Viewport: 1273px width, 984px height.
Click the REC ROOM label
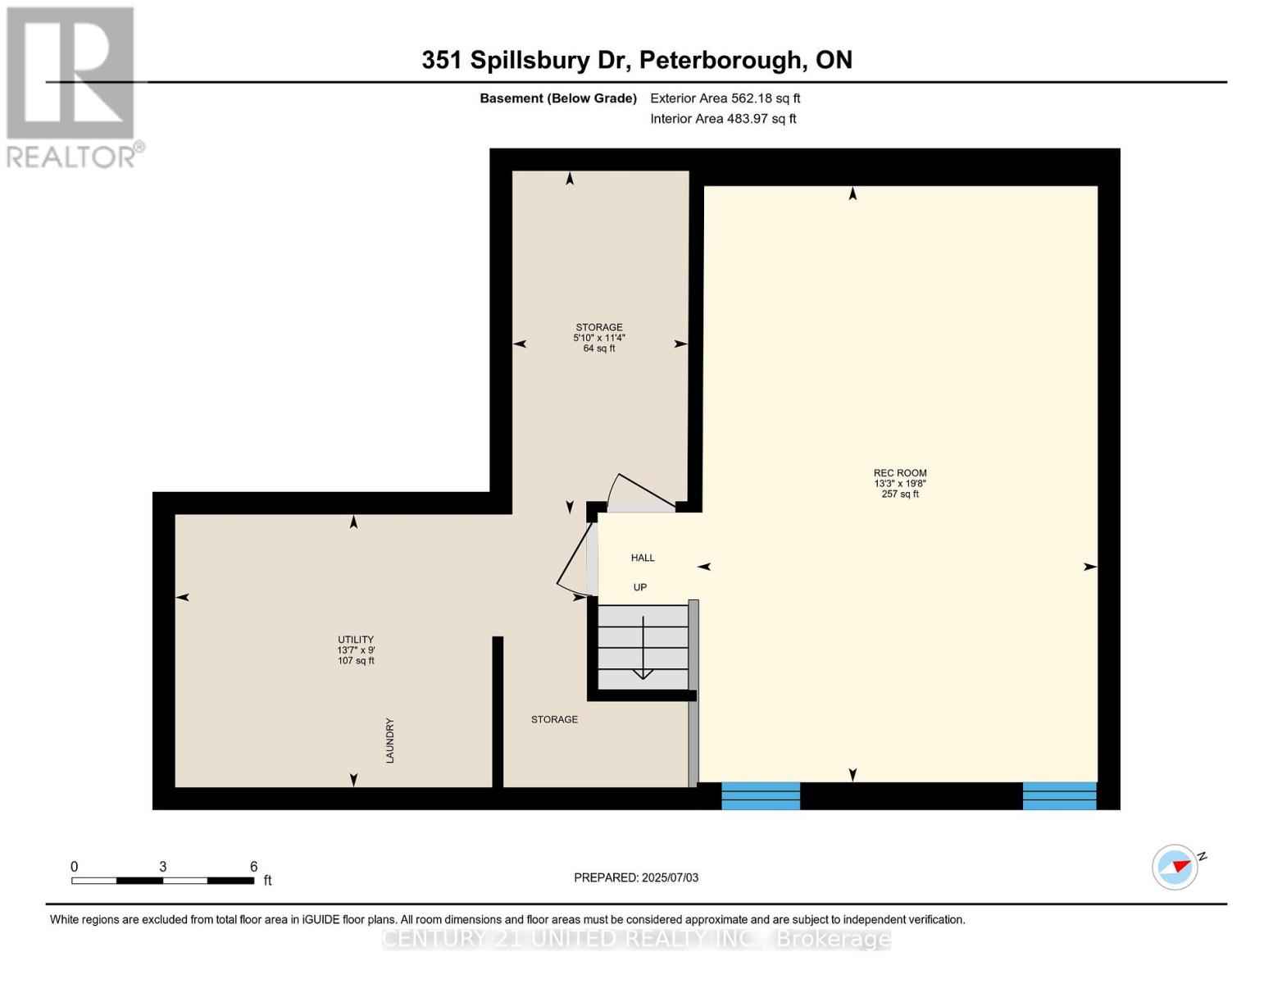click(900, 473)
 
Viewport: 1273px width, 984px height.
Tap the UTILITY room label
click(356, 640)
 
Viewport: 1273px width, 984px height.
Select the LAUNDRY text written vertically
click(389, 740)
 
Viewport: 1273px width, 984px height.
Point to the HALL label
click(643, 558)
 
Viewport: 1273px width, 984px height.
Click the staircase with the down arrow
click(643, 648)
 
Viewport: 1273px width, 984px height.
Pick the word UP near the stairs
click(639, 586)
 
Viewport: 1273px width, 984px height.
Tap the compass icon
click(1175, 868)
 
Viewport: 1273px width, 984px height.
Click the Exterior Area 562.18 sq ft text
click(725, 98)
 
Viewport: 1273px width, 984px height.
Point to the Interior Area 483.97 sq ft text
click(723, 118)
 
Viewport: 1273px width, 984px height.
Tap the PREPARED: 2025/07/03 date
click(636, 877)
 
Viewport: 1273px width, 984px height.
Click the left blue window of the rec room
click(761, 795)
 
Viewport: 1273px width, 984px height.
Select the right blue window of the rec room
click(1059, 795)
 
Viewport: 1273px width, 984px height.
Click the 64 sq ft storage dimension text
click(598, 348)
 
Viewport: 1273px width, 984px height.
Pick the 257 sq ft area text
click(900, 494)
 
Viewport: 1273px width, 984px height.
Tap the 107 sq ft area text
click(356, 660)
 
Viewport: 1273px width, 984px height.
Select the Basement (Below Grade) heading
click(557, 98)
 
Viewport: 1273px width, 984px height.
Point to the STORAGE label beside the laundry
click(554, 719)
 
